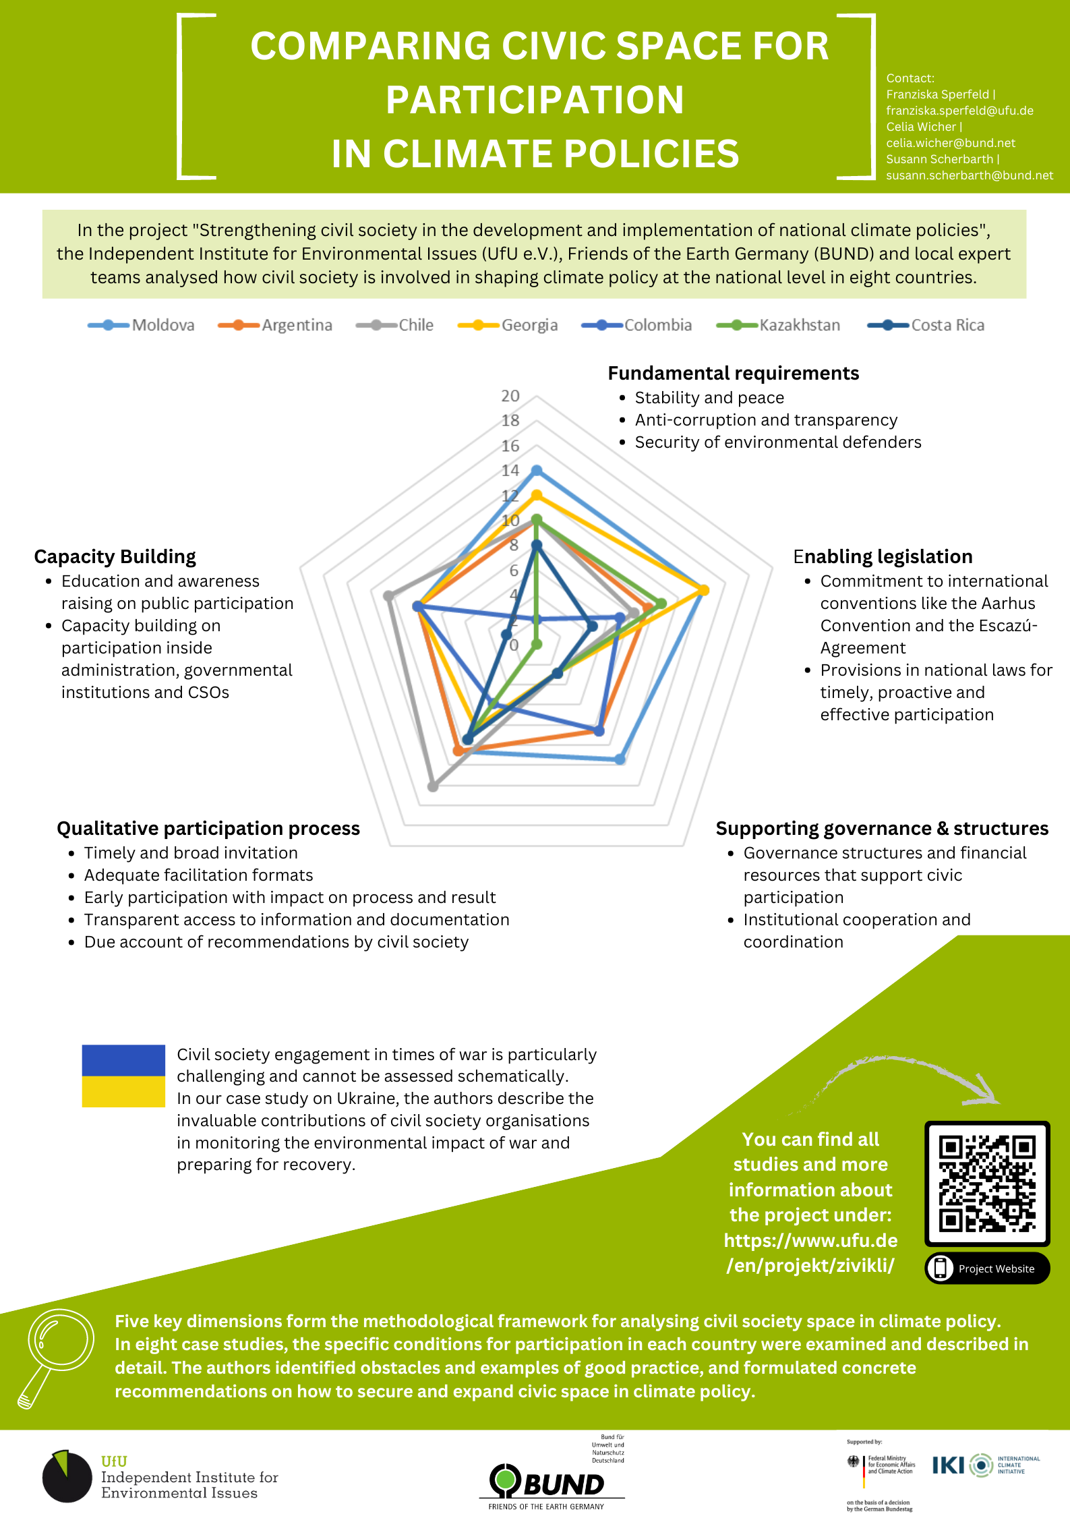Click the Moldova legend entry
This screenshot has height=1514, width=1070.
[142, 325]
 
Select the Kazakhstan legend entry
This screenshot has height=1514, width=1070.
[779, 325]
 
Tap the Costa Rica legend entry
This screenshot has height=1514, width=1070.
[926, 325]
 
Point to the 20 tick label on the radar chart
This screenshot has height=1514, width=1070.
[510, 396]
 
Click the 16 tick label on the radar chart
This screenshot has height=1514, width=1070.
[510, 446]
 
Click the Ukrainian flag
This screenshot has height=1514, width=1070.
[123, 1076]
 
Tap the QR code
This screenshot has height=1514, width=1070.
[987, 1183]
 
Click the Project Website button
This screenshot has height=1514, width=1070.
[987, 1269]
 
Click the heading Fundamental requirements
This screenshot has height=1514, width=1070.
[733, 374]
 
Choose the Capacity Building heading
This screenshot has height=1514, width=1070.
[115, 556]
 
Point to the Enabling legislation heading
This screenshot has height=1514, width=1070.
[883, 556]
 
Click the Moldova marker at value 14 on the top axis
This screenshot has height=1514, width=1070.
[537, 470]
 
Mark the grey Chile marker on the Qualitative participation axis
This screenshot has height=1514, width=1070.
[433, 786]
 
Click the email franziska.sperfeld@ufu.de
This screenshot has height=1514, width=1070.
[959, 111]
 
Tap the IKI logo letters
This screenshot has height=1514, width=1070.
[948, 1465]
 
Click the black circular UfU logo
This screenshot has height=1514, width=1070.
[67, 1476]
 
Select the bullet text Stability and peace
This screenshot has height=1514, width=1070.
[709, 398]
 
